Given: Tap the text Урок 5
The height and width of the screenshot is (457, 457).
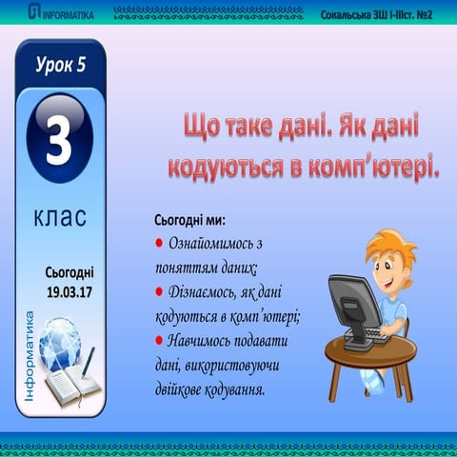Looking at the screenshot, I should click(x=60, y=66).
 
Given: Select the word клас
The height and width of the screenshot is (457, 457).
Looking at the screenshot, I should click(x=60, y=216).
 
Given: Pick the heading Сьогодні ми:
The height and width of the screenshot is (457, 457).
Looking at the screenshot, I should click(x=189, y=221).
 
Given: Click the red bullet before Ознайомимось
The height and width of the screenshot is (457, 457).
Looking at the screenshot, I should click(x=159, y=244).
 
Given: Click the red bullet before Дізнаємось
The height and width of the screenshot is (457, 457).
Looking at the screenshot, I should click(x=159, y=291).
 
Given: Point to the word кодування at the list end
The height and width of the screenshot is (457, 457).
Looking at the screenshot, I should click(x=228, y=389).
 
